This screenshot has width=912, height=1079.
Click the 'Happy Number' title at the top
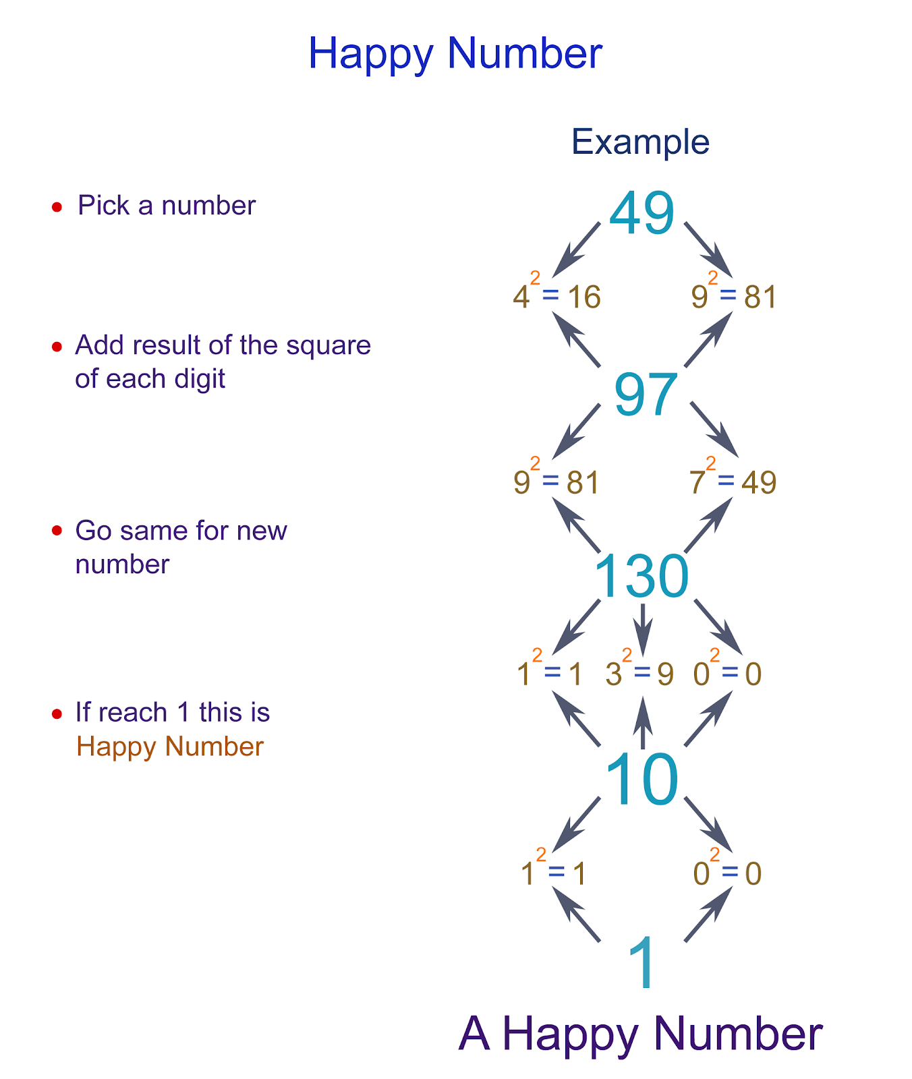tap(455, 53)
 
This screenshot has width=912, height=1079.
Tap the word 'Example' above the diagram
tap(640, 142)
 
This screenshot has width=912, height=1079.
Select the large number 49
tap(642, 214)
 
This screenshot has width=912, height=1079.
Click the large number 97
tap(646, 395)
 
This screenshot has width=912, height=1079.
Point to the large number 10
tap(642, 780)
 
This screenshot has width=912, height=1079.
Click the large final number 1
tap(642, 963)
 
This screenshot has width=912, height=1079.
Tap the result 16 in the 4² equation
tap(584, 297)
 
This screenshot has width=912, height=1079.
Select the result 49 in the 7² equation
tap(759, 483)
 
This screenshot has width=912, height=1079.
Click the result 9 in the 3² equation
tap(665, 674)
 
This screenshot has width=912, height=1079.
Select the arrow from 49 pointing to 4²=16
tap(575, 249)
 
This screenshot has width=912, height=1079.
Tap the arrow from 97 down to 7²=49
tap(712, 430)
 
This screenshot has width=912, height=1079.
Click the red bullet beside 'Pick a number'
tap(57, 206)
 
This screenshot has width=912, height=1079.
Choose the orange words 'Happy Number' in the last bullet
tap(169, 747)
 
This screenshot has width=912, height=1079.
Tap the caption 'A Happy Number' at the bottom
tap(640, 1034)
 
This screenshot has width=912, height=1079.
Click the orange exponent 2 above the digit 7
tap(710, 463)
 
